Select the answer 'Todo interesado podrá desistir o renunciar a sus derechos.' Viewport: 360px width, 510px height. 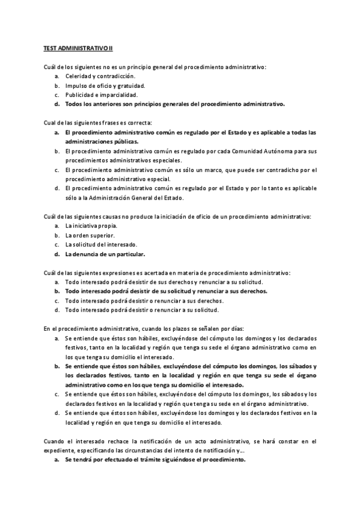[x=144, y=301]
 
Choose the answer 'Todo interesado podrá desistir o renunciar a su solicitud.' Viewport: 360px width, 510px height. [x=142, y=310]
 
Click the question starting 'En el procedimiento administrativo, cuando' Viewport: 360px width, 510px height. [x=144, y=329]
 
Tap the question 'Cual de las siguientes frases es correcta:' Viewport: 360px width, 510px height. [x=98, y=123]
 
